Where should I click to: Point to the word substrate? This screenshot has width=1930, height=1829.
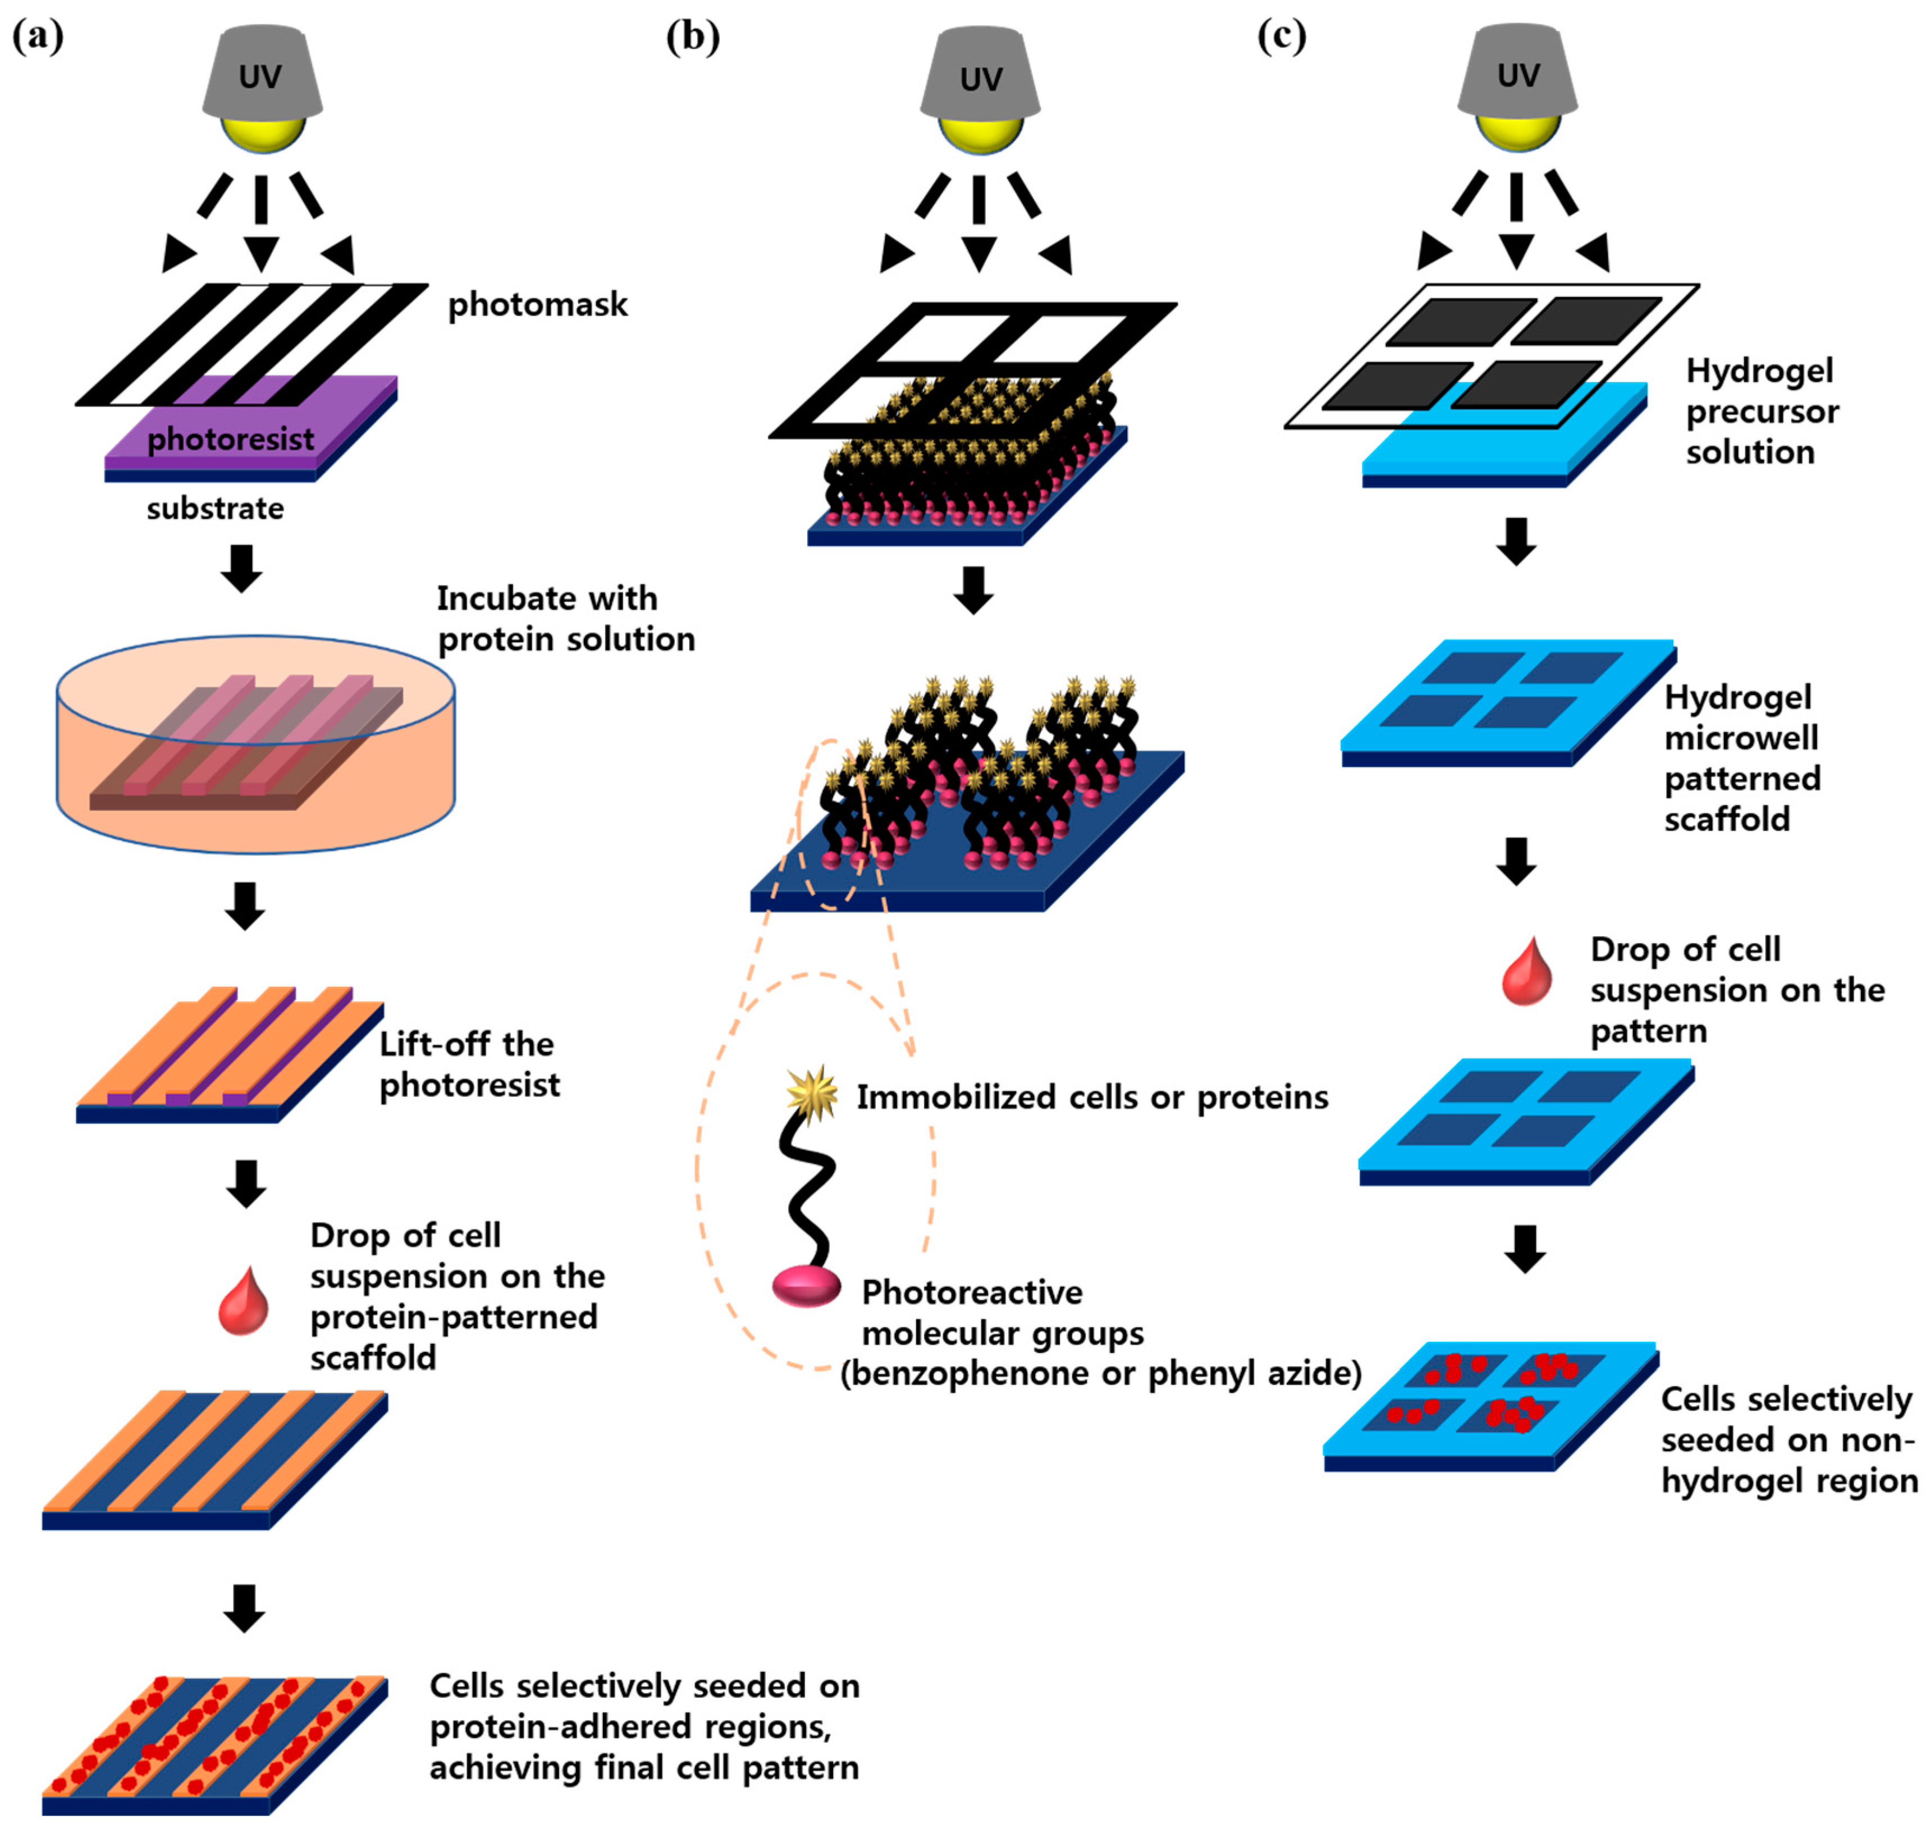click(216, 508)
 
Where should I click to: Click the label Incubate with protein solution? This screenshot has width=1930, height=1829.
click(565, 618)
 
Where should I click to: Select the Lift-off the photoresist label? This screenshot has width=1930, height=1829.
click(469, 1064)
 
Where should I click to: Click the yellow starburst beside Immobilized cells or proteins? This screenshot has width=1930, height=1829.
click(812, 1092)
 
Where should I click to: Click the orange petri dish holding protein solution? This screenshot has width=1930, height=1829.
click(255, 746)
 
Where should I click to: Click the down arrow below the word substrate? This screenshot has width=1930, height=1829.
click(242, 568)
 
